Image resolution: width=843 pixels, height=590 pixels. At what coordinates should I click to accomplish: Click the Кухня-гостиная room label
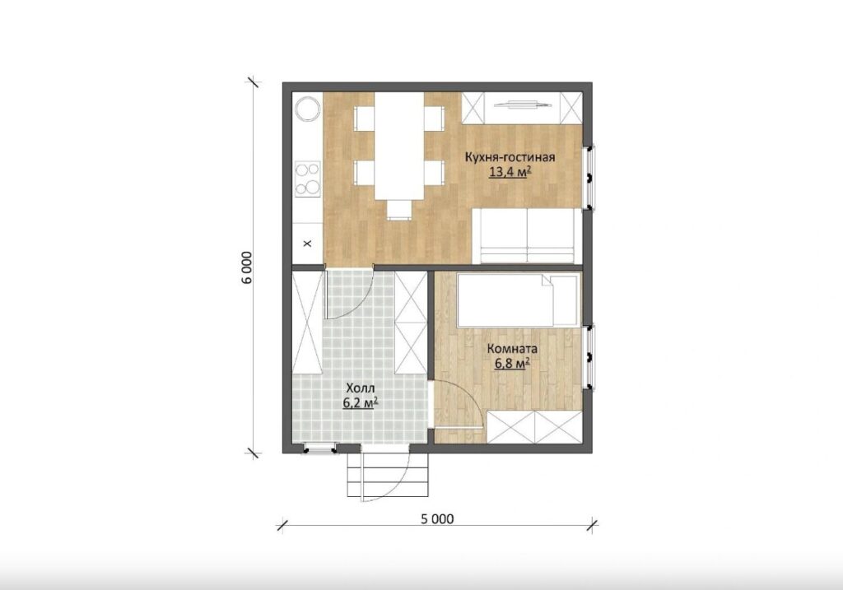point(510,157)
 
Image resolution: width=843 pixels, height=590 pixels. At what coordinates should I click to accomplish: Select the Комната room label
point(512,349)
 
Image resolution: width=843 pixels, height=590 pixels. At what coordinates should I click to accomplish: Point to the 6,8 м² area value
point(512,364)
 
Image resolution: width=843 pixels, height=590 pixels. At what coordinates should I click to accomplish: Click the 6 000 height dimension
point(247,267)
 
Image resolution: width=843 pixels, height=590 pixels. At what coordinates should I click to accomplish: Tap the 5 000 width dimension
point(437,518)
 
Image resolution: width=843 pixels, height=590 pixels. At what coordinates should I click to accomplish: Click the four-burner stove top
point(307,179)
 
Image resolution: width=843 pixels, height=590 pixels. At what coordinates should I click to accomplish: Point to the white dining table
point(399,146)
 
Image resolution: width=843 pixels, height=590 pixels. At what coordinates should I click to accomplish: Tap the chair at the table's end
point(398,210)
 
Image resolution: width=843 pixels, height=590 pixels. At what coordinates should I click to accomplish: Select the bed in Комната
point(519,300)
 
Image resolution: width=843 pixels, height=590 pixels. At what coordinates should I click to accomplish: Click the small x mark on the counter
point(308,244)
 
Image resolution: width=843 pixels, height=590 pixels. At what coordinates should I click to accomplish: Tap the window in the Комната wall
point(589,357)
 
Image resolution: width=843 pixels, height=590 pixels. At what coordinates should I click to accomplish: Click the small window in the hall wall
point(320,448)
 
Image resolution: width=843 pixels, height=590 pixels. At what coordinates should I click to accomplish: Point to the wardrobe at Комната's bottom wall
point(534,426)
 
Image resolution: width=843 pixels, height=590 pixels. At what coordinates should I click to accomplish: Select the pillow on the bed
point(561,300)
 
